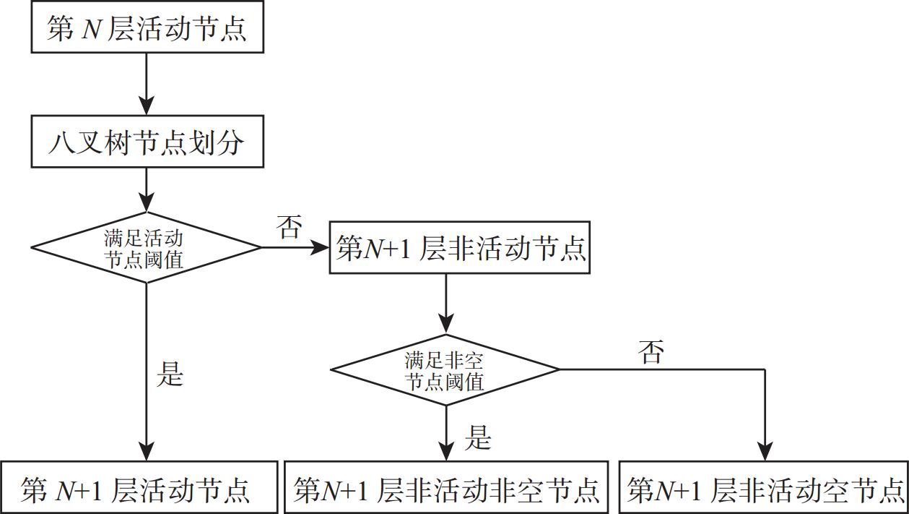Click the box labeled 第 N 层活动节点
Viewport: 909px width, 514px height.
coord(147,28)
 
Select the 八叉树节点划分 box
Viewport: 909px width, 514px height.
coord(147,143)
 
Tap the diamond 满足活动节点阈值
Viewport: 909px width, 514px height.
coord(146,248)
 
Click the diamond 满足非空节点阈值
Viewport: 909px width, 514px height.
coord(445,370)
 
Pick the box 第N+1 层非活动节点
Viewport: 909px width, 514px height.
coord(460,248)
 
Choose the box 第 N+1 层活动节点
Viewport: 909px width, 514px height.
coord(139,489)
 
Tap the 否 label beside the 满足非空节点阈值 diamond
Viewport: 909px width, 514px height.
coord(651,352)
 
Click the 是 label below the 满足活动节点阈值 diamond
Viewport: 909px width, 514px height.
coord(170,374)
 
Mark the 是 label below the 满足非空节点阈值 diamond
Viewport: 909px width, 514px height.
coord(477,438)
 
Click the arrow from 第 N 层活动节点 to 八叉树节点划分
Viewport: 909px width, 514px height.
coord(147,85)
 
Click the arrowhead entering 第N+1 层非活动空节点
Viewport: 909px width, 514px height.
coord(764,452)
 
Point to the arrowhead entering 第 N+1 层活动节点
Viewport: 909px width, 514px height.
coord(147,452)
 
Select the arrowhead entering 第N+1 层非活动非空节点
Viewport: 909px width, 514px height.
coord(446,452)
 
